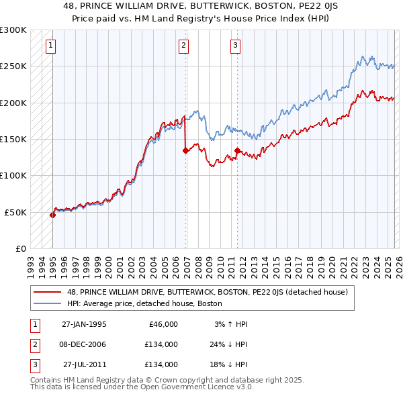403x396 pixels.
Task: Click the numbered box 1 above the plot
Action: pos(52,46)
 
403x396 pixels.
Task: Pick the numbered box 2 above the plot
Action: pos(183,46)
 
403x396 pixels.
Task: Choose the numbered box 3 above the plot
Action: pos(236,46)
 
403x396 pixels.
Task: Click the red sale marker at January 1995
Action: pos(53,215)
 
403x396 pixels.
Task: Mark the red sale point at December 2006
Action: pos(185,151)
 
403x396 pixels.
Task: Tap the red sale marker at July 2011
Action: pos(237,151)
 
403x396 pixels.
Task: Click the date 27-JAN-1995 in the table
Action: pos(84,324)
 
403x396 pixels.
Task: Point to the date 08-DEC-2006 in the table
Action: pos(84,344)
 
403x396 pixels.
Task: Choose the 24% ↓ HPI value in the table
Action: pos(229,344)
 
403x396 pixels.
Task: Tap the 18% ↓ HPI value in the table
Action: pos(229,364)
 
